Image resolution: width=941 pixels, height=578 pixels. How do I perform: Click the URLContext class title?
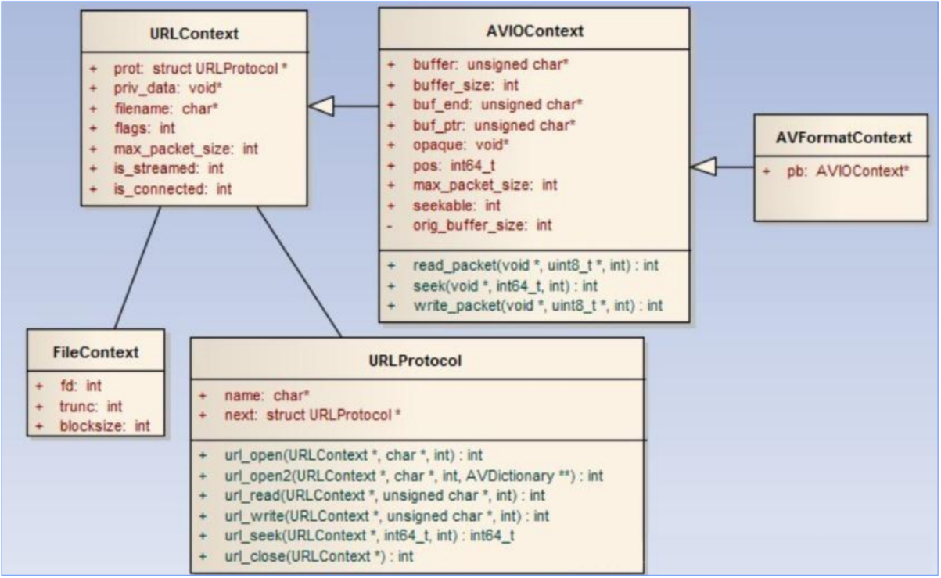tap(193, 33)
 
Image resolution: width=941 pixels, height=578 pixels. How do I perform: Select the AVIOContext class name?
tap(534, 31)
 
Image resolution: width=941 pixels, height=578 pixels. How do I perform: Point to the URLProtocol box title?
tap(415, 361)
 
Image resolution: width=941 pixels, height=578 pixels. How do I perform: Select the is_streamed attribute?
tap(163, 168)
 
